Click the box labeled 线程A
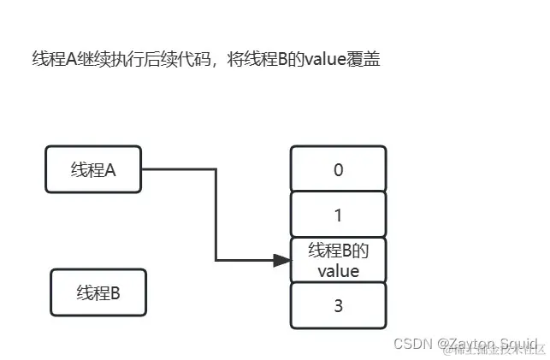point(93,169)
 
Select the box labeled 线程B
point(98,292)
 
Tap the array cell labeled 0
point(338,169)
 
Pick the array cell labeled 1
point(338,215)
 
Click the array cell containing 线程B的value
point(338,260)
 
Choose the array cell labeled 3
point(338,305)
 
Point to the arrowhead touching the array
point(282,260)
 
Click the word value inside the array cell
point(338,271)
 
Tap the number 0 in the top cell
point(338,169)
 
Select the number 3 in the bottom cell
point(338,305)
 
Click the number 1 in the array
point(338,215)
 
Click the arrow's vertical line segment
point(216,214)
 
